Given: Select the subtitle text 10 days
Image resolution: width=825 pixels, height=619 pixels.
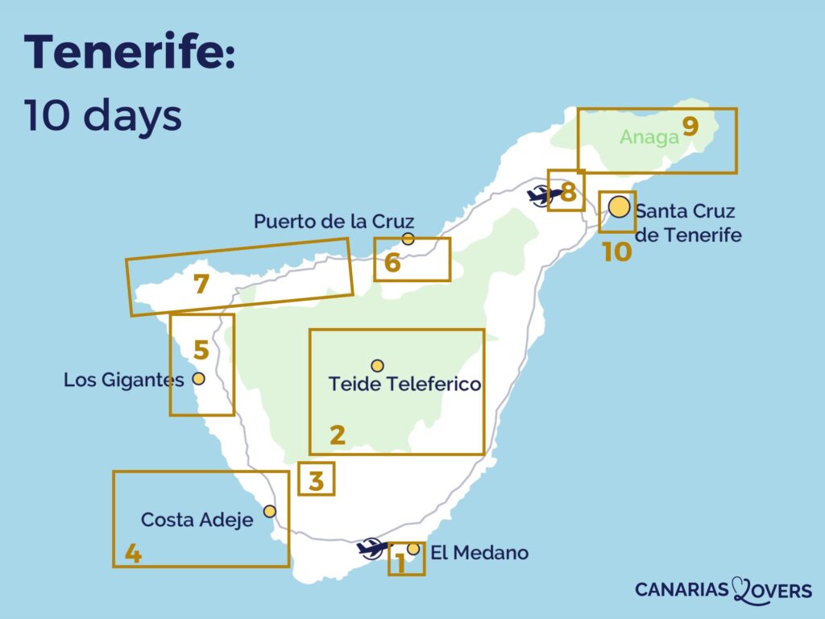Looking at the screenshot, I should pos(102,116).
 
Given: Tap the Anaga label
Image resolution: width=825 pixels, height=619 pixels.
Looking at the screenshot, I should pos(649,137).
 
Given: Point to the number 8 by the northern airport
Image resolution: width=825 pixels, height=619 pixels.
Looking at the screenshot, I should pos(568,193).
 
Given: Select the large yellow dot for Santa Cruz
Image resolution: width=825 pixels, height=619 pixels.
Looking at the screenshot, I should pos(619,207).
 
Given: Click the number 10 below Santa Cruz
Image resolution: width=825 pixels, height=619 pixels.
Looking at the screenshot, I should pos(616,251).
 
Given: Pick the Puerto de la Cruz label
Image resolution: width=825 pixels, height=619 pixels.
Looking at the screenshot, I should pos(334,221).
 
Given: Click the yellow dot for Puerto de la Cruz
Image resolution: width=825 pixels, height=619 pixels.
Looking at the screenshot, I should pos(408,239).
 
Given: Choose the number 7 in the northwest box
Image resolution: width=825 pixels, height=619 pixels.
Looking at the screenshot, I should pos(201,284).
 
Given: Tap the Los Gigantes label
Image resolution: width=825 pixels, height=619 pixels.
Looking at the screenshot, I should pos(124,379).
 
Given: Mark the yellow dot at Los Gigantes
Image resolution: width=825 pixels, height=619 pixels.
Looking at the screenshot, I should pos(198,378).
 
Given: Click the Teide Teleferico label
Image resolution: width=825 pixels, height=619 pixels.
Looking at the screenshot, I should pos(404,384).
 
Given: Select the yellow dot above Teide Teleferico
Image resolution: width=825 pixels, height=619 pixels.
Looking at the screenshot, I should pos(377,366).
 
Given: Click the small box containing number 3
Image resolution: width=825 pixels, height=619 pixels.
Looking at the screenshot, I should pos(316,479).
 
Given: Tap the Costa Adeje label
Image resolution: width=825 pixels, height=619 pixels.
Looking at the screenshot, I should pos(197,520).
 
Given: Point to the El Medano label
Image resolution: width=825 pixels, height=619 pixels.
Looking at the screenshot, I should pos(479,553).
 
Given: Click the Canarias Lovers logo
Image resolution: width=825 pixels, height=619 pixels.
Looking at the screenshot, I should pos(723,590).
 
